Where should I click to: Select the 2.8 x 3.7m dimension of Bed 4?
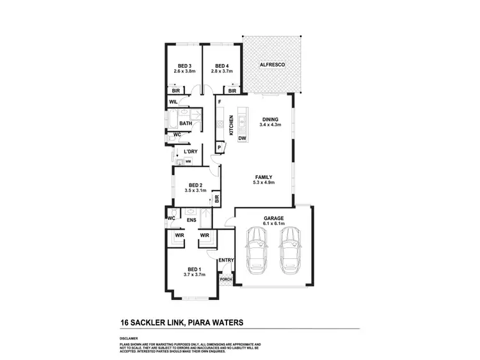221,72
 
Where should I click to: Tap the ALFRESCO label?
271,66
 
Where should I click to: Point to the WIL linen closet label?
173,102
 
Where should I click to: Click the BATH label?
186,123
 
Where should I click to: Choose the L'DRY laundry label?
189,152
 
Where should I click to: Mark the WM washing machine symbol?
188,162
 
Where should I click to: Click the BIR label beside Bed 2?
217,199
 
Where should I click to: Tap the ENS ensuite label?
191,221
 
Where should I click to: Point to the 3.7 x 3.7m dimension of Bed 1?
195,274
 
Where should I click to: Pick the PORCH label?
225,279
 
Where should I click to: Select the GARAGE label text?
273,218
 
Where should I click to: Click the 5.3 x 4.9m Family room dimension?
264,183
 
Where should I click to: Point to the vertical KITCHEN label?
230,124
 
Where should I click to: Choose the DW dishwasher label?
242,139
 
